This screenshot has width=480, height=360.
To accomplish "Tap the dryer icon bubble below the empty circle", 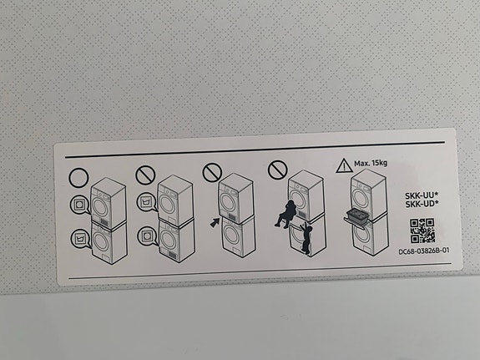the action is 80,205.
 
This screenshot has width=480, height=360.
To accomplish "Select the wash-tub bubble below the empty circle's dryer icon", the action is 81,239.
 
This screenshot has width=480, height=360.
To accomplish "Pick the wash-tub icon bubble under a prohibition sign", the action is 147,202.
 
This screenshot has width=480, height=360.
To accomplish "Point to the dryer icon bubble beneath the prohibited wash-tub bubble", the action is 148,236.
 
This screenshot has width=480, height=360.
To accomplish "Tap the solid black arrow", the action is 215,222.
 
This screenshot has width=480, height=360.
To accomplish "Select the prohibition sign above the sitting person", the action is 278,170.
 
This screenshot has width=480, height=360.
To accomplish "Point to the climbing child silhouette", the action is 306,239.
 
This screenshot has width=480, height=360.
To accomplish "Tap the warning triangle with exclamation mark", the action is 344,165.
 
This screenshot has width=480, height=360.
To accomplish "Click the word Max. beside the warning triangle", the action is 361,164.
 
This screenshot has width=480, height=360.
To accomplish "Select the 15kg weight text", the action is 379,163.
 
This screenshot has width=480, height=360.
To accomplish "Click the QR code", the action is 422,231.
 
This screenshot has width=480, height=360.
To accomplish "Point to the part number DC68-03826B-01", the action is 424,251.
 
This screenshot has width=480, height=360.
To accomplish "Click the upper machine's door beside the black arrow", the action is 228,201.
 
